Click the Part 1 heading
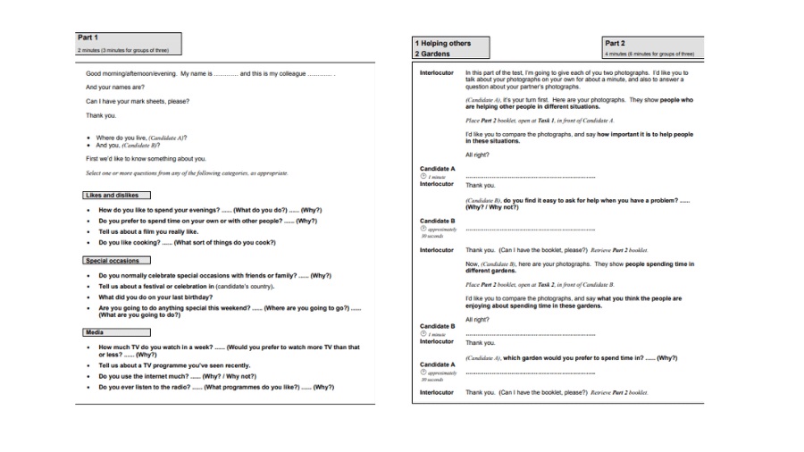[88, 38]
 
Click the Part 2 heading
[615, 43]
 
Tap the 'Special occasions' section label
[113, 261]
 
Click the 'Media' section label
[95, 331]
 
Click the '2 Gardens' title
[432, 54]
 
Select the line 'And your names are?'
[115, 87]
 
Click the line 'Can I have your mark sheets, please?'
[137, 101]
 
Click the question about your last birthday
[155, 297]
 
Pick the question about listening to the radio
[215, 387]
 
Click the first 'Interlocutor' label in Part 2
[437, 72]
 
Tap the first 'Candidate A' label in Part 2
[437, 168]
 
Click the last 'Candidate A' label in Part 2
[437, 364]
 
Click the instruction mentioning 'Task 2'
[540, 284]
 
